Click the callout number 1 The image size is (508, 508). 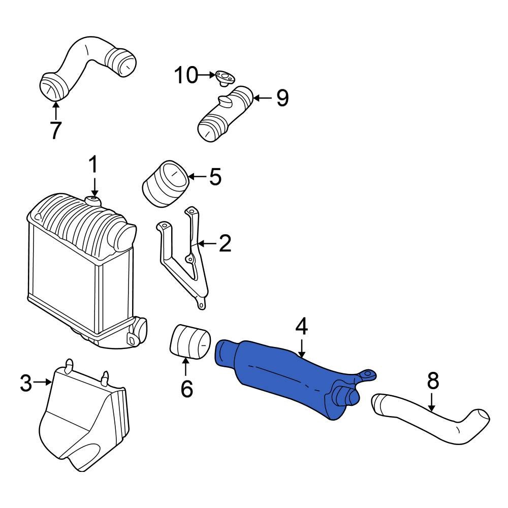click(x=93, y=166)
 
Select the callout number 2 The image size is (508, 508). click(x=224, y=244)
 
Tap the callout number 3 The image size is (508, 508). click(x=26, y=383)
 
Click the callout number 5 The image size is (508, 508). click(x=215, y=177)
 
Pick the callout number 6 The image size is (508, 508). click(x=186, y=389)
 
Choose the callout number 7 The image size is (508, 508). click(x=55, y=130)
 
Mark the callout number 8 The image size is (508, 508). click(x=432, y=380)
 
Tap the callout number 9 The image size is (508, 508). click(x=282, y=98)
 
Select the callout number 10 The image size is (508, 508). click(x=185, y=76)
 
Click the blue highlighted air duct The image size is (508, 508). click(x=284, y=376)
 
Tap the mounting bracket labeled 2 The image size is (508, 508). click(x=183, y=259)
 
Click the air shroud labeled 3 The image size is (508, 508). click(x=84, y=422)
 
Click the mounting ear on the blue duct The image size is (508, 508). click(x=367, y=376)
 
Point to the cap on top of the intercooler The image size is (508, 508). click(x=93, y=201)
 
